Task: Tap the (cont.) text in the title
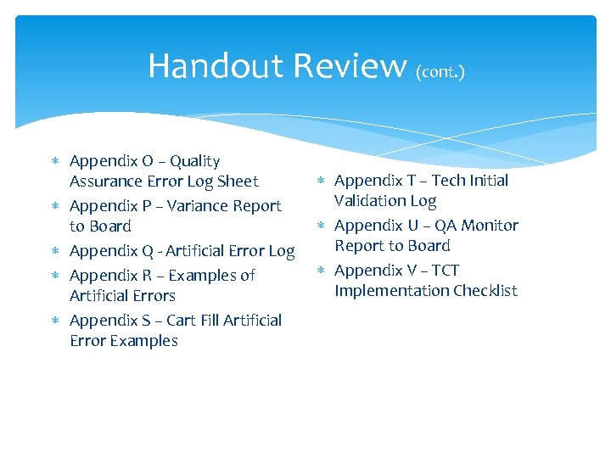(x=440, y=72)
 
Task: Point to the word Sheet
(x=238, y=182)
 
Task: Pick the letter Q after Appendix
(x=146, y=251)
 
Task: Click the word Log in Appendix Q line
(x=281, y=251)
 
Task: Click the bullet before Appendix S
(x=55, y=321)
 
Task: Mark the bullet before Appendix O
(x=55, y=162)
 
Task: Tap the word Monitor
(x=490, y=226)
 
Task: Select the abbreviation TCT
(x=446, y=271)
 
